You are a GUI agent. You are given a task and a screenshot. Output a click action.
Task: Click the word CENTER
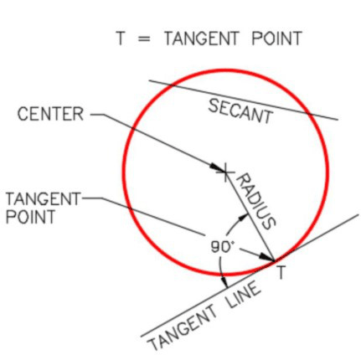pyautogui.click(x=50, y=114)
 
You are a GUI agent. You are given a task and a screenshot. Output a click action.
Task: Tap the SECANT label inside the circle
pyautogui.click(x=240, y=111)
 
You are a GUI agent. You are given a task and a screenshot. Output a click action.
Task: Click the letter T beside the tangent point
pyautogui.click(x=281, y=272)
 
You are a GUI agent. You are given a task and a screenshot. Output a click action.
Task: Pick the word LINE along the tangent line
pyautogui.click(x=244, y=296)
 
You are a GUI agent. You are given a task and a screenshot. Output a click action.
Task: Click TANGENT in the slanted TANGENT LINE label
pyautogui.click(x=183, y=327)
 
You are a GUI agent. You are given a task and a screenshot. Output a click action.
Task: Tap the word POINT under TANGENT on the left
pyautogui.click(x=30, y=217)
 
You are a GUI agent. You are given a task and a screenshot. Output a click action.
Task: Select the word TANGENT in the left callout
pyautogui.click(x=43, y=199)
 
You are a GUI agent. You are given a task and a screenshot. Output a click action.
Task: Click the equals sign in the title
pyautogui.click(x=144, y=39)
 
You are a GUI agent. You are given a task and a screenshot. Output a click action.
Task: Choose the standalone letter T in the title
pyautogui.click(x=120, y=39)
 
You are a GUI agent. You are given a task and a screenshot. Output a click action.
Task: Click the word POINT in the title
pyautogui.click(x=276, y=39)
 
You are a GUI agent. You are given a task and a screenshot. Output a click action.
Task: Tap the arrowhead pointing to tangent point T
pyautogui.click(x=266, y=257)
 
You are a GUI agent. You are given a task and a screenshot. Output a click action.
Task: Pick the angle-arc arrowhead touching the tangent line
pyautogui.click(x=224, y=281)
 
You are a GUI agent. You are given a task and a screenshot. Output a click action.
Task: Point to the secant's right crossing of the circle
pyautogui.click(x=307, y=113)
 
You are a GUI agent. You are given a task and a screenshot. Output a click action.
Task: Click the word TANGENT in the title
pyautogui.click(x=201, y=39)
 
